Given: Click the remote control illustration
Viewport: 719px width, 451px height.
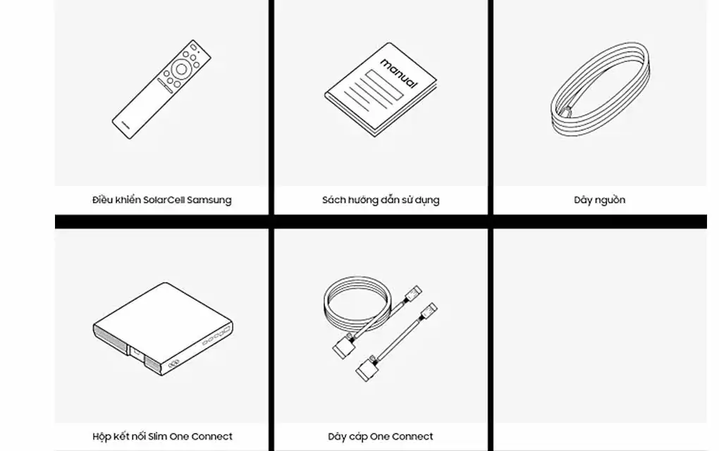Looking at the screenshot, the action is (161, 89).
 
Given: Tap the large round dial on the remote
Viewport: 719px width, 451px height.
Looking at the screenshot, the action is (182, 69).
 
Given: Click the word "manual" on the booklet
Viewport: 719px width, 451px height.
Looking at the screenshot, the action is (399, 73).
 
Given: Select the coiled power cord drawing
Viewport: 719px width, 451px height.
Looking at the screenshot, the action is (600, 89).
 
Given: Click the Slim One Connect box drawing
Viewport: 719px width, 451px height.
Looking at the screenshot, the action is (163, 328).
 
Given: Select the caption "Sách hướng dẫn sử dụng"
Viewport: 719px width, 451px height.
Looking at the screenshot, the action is (381, 200).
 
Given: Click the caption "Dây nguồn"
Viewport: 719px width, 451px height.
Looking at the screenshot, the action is (600, 200).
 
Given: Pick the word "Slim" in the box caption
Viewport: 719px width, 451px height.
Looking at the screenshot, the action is (158, 436).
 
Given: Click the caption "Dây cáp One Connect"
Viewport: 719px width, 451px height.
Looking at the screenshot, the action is (381, 436).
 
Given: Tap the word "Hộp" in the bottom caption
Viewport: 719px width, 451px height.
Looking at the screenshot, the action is (102, 437).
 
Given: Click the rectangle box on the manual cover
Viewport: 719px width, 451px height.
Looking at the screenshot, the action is (384, 84).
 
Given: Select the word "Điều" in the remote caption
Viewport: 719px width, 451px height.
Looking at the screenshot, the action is (103, 200).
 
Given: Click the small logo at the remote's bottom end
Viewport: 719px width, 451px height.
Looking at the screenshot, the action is (125, 125).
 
